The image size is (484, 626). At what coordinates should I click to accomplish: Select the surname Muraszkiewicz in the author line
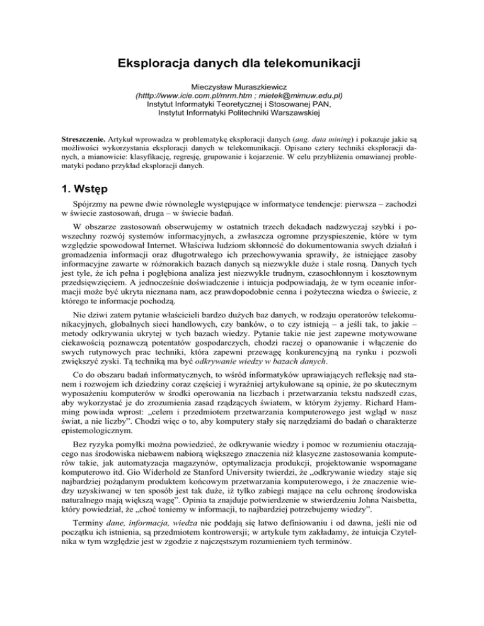tap(275, 85)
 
